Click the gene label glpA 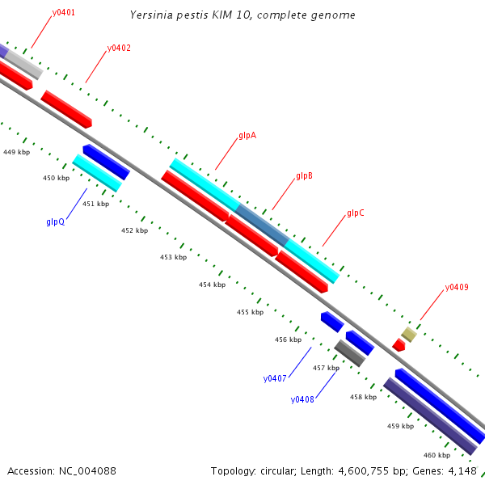247,136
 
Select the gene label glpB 304,175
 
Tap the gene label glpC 355,213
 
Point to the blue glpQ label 56,221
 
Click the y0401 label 64,14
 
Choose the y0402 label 119,48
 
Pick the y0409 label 457,287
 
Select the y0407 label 275,378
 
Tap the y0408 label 302,399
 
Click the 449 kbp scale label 16,152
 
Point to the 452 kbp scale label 134,230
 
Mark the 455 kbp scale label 250,312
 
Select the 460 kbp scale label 437,455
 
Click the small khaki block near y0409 409,334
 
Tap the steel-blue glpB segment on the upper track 261,225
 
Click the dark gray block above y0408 350,353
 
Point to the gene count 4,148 463,470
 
